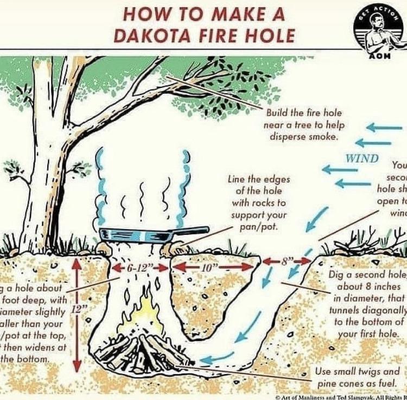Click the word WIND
tap(362, 158)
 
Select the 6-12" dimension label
tap(139, 268)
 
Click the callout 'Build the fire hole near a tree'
tap(303, 125)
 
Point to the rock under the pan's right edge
tap(173, 249)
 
